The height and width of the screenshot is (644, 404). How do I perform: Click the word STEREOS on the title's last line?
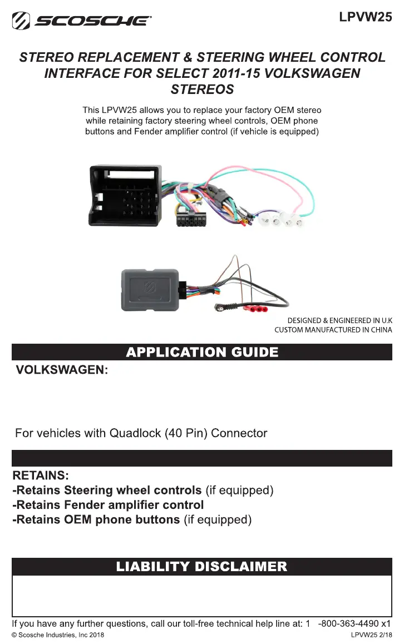(202, 90)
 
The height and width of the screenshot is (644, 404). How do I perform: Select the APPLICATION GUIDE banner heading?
(202, 352)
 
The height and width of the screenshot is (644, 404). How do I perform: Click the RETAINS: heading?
(41, 476)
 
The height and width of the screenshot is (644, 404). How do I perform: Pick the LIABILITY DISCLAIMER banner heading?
(202, 567)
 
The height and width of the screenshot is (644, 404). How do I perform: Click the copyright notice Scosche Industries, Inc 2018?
(57, 635)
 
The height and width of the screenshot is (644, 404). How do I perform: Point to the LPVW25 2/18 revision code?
(371, 635)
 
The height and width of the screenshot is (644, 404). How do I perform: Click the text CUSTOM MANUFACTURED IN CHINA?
(333, 330)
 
